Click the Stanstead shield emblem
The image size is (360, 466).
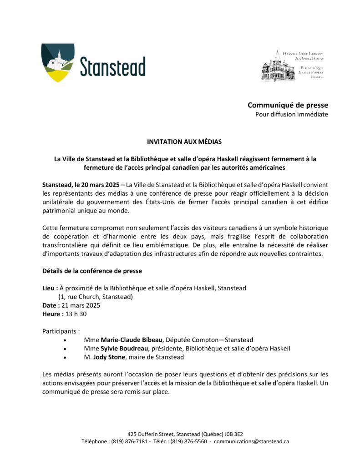[58, 62]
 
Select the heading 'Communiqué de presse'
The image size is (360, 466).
[288, 105]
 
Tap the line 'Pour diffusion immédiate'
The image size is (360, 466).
[291, 114]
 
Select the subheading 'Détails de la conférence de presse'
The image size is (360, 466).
[92, 271]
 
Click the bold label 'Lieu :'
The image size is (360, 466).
[50, 288]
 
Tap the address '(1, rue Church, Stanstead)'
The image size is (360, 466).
[95, 297]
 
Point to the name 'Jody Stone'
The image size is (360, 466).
[107, 357]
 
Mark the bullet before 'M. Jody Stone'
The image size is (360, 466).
[66, 358]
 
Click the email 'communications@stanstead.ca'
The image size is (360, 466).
[251, 441]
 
